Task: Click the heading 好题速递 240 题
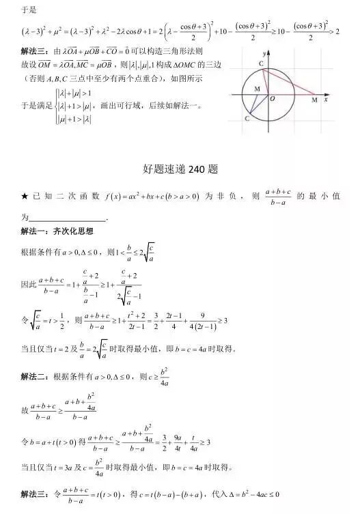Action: pyautogui.click(x=180, y=168)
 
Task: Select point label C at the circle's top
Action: pyautogui.click(x=260, y=63)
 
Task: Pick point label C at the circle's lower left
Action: pyautogui.click(x=247, y=118)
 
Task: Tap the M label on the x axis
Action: pyautogui.click(x=314, y=101)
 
